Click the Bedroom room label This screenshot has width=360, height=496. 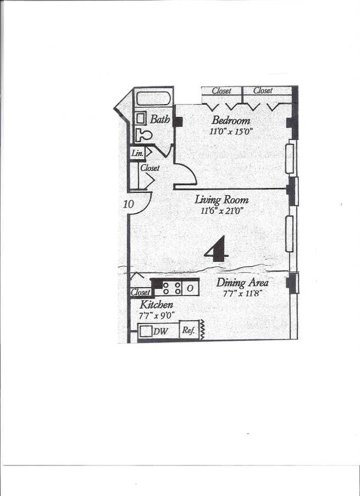point(231,120)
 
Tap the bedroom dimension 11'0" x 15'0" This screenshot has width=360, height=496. point(231,132)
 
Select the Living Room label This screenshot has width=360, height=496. point(221,199)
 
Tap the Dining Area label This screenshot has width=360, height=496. point(243,282)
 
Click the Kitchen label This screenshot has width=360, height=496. point(156,304)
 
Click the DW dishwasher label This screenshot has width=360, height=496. point(160,331)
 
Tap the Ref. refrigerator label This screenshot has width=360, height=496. point(188,330)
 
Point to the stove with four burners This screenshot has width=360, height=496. point(172,288)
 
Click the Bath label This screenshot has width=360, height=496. point(160,119)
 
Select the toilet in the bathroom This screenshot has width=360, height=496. point(143,135)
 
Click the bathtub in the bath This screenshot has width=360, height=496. point(153,98)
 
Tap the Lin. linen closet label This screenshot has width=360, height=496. point(137,153)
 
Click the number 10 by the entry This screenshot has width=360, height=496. point(129,204)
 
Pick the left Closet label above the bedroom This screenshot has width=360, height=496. point(221,91)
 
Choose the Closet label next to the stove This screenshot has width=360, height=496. point(140,292)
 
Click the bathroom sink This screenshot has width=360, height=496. point(141,118)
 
